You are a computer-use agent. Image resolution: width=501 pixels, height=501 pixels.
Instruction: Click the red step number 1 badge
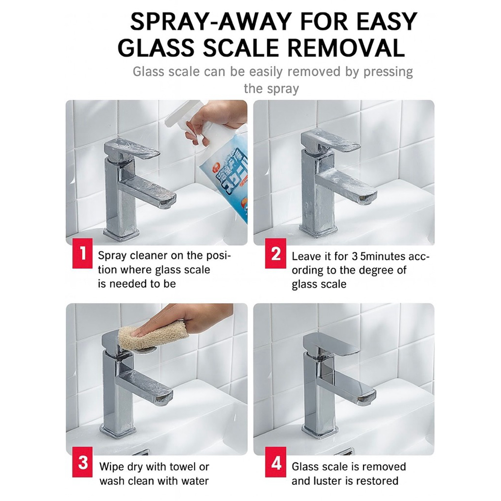[82, 253]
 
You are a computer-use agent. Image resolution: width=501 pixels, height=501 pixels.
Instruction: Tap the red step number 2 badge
[276, 253]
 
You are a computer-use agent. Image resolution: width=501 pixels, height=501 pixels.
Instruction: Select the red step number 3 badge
[82, 462]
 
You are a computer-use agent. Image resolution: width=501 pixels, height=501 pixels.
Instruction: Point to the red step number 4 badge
[276, 462]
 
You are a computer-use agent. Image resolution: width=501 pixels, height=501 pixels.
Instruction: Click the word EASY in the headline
[382, 22]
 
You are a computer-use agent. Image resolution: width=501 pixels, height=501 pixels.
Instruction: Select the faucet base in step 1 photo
[121, 234]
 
